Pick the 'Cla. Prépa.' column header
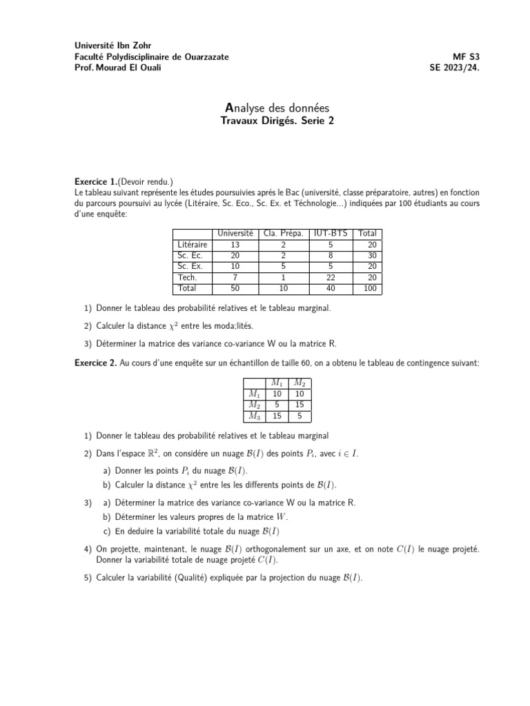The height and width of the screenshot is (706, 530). pos(284,234)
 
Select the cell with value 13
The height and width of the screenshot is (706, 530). pos(235,245)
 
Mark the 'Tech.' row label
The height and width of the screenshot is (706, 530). pos(187,277)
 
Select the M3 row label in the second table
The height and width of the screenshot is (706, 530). pos(254,416)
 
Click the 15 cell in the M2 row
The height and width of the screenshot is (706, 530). pos(300,405)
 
